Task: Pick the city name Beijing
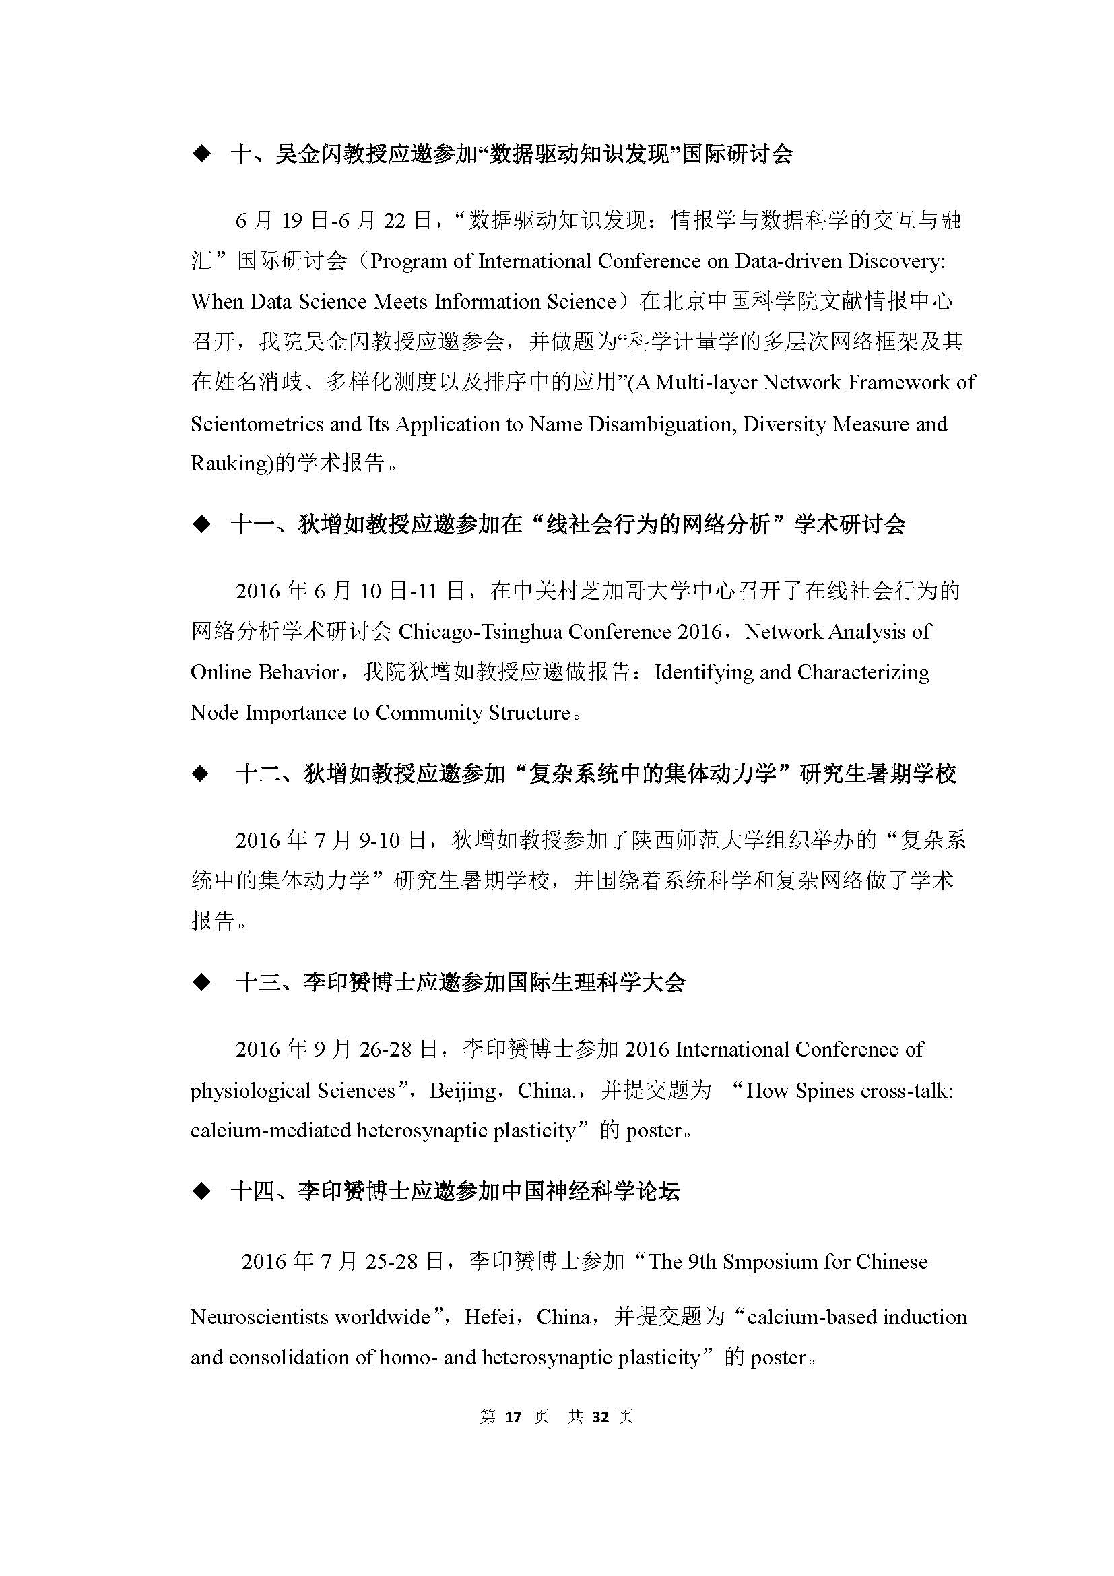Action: [x=463, y=1092]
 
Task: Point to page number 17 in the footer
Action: [x=513, y=1417]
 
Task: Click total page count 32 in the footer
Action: [x=600, y=1417]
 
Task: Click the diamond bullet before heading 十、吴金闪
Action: [x=201, y=154]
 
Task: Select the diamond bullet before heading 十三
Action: [x=201, y=983]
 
